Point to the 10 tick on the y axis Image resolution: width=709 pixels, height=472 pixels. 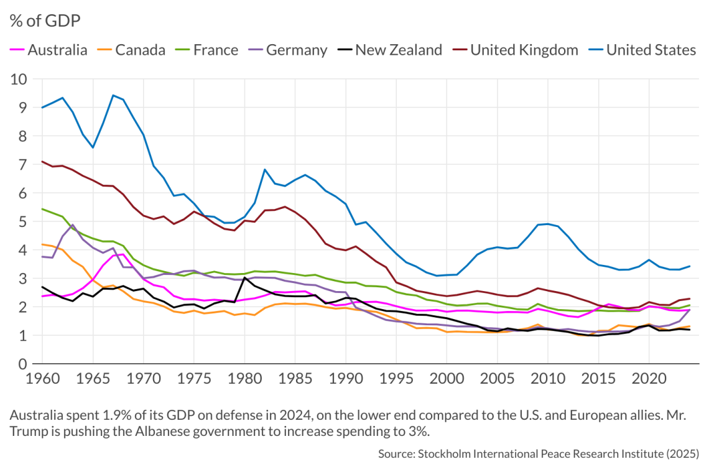(19, 79)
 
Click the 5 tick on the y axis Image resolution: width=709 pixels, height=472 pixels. (22, 221)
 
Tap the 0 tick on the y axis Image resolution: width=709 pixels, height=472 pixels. (22, 364)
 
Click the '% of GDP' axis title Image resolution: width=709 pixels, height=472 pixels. (45, 21)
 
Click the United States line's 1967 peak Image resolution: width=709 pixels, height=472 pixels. (113, 95)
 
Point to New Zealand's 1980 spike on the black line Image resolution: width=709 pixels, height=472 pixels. (244, 277)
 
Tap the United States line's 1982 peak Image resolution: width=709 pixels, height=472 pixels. (265, 169)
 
